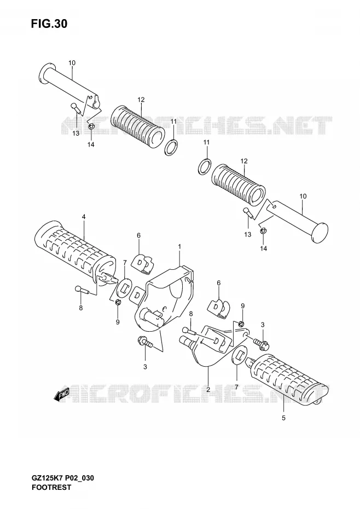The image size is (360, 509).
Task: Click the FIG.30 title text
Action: (49, 24)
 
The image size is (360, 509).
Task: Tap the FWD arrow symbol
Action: (62, 395)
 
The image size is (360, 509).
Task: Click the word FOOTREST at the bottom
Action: (51, 487)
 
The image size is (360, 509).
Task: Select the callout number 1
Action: (179, 247)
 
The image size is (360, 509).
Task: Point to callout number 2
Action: (208, 389)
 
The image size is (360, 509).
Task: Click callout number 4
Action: (84, 217)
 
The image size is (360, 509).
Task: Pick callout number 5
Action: (283, 418)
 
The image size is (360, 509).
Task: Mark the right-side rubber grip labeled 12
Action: (239, 186)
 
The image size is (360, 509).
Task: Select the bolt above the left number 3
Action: (145, 342)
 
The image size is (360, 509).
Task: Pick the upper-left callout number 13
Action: (76, 134)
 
